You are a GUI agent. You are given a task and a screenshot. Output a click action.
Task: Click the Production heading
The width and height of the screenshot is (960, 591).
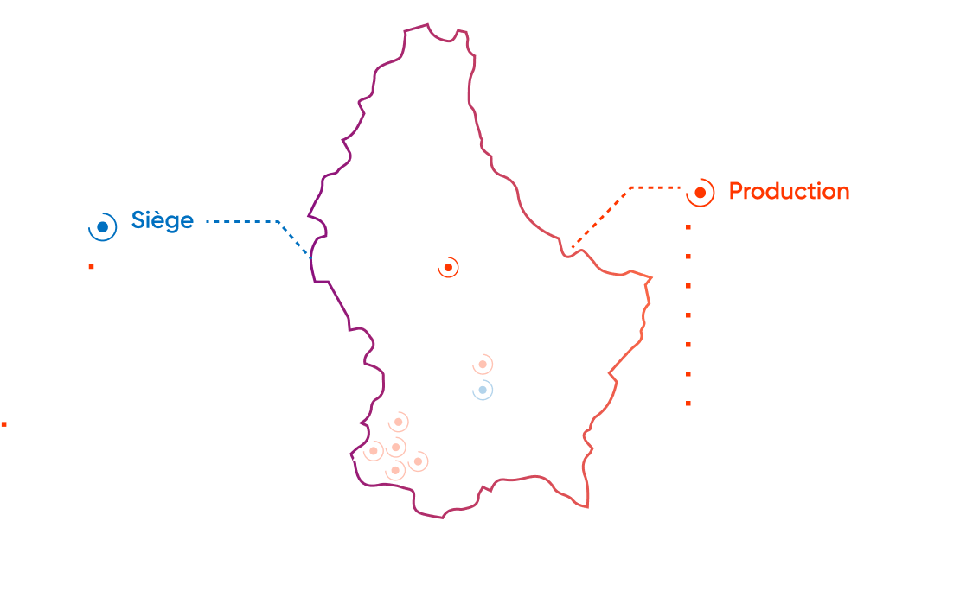point(789,191)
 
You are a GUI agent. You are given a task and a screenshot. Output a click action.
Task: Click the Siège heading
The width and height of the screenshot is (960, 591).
point(162,220)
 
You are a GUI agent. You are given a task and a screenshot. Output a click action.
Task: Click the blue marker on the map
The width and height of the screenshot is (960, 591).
point(483,391)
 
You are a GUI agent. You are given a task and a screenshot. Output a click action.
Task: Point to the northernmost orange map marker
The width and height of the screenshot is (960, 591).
point(447,267)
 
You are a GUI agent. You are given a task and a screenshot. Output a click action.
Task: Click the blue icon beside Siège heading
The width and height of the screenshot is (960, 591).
point(102,226)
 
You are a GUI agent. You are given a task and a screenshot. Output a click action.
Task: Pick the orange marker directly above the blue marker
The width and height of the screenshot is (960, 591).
point(483,364)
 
